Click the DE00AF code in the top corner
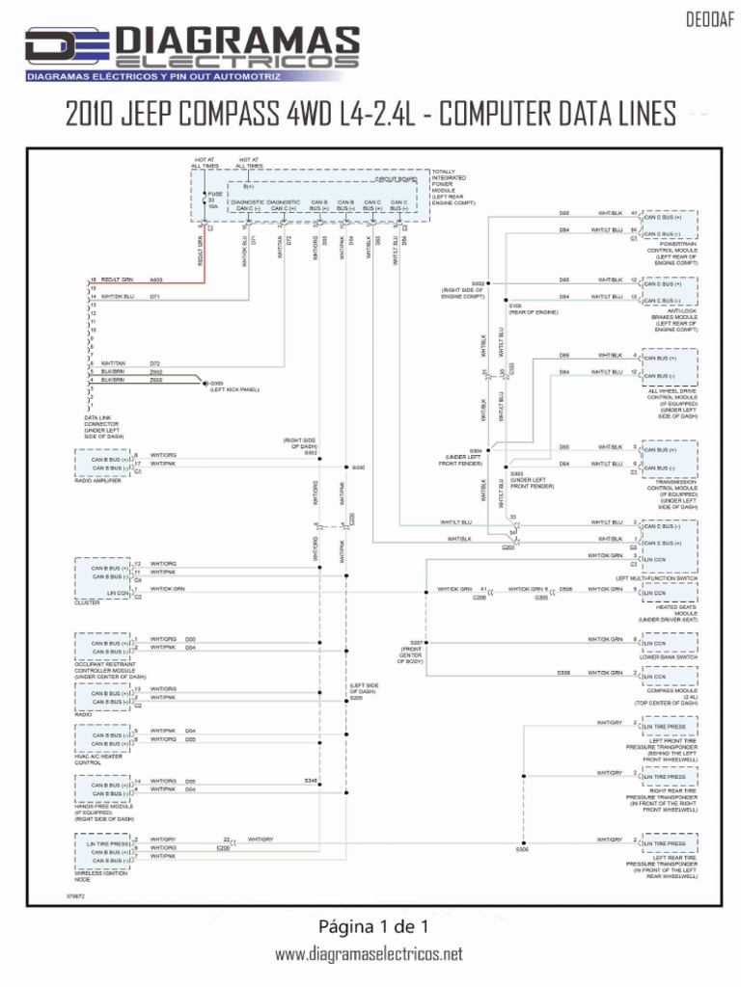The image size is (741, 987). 705,17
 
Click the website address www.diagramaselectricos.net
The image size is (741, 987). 370,954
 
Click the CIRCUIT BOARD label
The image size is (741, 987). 396,179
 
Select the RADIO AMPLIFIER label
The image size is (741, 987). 99,480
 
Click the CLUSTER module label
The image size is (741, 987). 87,602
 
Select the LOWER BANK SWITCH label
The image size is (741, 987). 669,657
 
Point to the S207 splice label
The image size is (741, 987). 416,642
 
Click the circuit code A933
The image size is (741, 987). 155,280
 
